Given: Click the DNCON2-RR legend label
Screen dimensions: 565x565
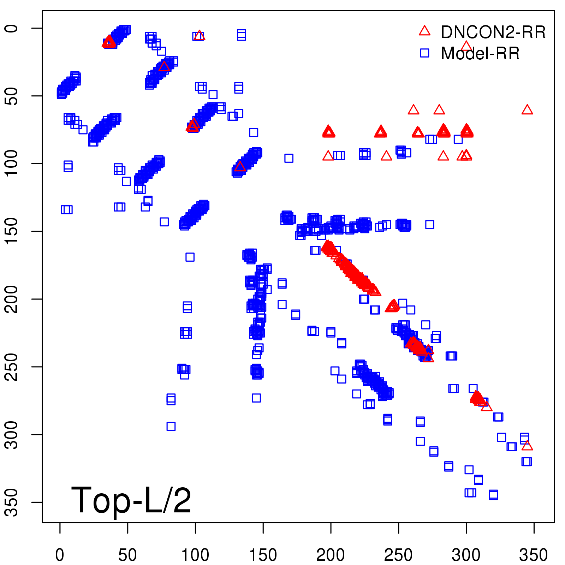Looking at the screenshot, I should coord(493,32).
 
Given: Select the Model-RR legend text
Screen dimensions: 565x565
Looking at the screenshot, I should coord(480,53).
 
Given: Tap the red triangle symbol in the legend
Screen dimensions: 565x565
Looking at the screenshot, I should coord(424,31).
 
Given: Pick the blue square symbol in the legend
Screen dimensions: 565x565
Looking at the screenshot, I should coord(424,53).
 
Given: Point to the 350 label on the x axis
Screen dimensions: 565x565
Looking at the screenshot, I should coord(534,555).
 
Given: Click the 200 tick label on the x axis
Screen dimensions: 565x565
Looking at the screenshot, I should coord(331,555).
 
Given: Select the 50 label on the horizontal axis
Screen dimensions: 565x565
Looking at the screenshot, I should coord(127,555).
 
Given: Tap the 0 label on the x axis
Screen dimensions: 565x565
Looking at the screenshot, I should coord(60,555).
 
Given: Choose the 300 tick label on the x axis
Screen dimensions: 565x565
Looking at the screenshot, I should coord(466,555).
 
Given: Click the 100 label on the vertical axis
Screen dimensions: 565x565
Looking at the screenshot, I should coord(12,163).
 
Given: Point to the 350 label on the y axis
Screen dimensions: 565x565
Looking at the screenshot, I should coord(12,502).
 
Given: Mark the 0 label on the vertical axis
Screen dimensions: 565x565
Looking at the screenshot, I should coord(12,28).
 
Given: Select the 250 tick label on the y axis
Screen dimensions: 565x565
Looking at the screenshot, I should coord(12,367).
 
